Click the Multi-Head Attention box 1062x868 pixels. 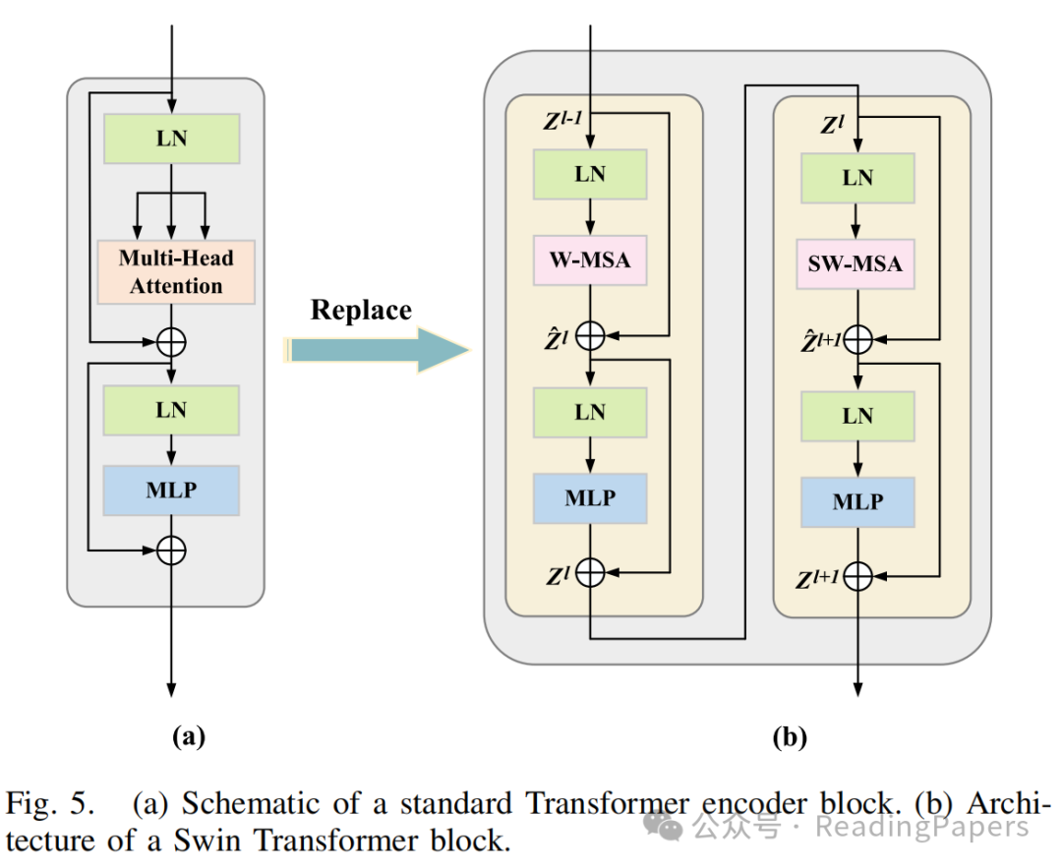point(176,272)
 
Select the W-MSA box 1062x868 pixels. point(590,260)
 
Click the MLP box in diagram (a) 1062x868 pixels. point(172,491)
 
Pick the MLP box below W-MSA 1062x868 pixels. point(590,497)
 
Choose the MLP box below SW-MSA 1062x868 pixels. point(858,502)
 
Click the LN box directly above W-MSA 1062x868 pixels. point(590,175)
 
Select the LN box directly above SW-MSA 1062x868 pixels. point(858,178)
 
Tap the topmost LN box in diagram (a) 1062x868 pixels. point(172,139)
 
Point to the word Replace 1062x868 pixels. point(361,311)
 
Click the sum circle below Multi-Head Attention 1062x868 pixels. point(172,342)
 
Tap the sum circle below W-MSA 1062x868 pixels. point(590,336)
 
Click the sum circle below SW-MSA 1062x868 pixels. point(858,339)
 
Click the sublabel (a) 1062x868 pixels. point(186,734)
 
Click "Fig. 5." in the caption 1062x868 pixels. point(52,804)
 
